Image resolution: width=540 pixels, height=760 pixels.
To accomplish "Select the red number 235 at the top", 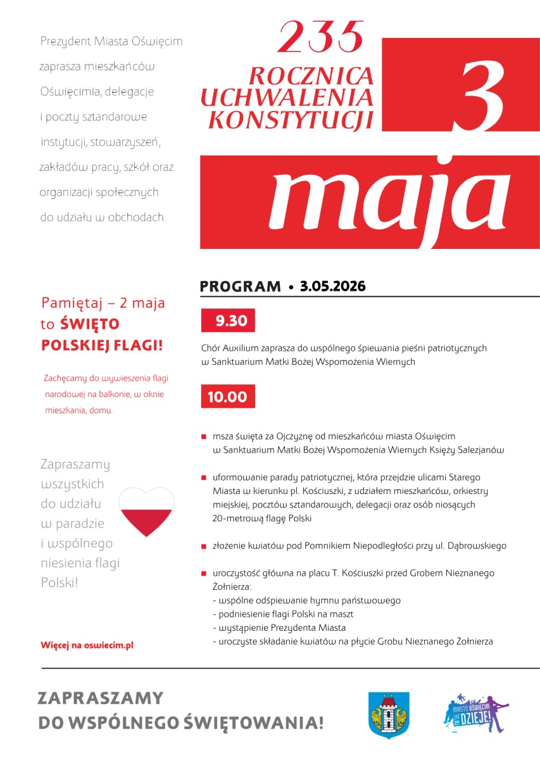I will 322,37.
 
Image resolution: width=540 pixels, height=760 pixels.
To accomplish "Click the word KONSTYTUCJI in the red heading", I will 291,118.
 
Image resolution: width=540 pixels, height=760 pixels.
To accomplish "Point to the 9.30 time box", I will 228,321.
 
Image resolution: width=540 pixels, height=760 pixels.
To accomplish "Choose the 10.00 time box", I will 228,397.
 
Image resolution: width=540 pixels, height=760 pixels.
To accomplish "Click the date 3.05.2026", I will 333,286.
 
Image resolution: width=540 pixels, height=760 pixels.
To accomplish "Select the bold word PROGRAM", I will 240,287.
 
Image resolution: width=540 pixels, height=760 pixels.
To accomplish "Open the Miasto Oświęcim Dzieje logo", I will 476,713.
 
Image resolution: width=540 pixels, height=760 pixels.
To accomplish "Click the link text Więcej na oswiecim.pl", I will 87,645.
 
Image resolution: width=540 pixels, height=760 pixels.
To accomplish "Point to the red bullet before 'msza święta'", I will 204,437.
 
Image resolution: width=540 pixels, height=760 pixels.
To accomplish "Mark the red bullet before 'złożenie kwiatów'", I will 204,546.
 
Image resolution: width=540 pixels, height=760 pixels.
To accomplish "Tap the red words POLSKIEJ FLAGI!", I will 101,346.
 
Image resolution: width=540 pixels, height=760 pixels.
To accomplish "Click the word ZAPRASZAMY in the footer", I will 101,699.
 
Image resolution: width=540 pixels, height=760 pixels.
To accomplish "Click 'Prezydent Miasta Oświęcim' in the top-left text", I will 111,42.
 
